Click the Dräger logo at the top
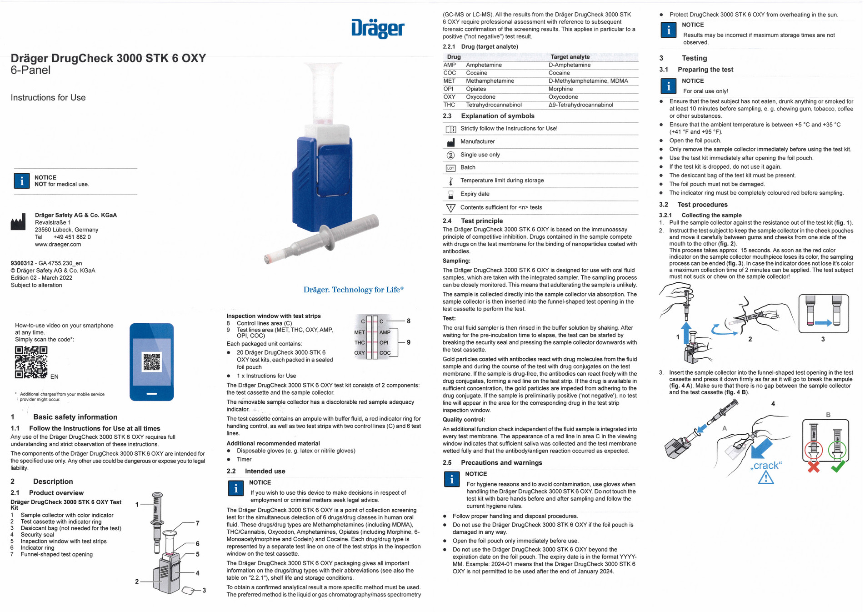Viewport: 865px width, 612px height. [378, 29]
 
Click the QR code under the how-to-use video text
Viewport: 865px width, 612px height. [31, 362]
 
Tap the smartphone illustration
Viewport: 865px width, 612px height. [151, 362]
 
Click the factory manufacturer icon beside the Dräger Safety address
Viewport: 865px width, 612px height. [18, 223]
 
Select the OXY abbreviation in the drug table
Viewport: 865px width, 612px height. [449, 97]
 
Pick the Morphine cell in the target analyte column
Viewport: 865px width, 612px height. [560, 89]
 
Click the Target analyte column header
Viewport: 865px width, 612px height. [570, 57]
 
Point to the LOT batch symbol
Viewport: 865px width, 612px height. [450, 168]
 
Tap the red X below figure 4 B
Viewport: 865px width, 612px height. [814, 467]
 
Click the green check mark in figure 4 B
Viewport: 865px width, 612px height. [838, 467]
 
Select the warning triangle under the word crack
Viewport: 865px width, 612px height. [766, 477]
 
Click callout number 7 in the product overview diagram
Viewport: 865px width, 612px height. [197, 523]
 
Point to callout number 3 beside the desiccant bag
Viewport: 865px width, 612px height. [204, 590]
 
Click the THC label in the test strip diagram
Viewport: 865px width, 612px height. [360, 343]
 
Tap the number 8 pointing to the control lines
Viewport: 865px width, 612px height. [409, 321]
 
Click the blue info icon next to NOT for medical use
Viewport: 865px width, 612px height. [21, 181]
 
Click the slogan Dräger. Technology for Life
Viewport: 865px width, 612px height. [353, 290]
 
